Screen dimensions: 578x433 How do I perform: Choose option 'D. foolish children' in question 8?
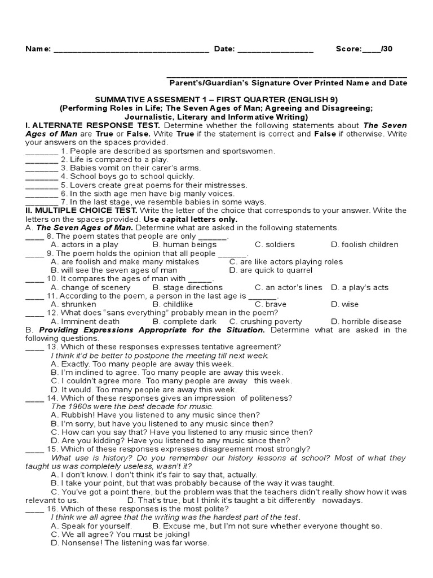pos(364,244)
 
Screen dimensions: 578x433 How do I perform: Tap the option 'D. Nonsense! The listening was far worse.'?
pos(130,543)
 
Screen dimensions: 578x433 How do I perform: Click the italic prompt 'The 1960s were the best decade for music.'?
pos(132,406)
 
